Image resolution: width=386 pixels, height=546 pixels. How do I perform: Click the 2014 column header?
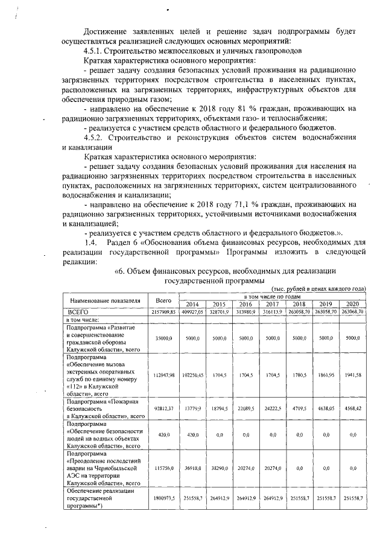[x=193, y=304]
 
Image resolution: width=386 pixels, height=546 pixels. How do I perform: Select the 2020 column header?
[x=353, y=304]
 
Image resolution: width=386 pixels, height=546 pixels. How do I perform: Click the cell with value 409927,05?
[x=193, y=311]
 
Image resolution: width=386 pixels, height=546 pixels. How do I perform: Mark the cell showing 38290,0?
[x=220, y=467]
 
